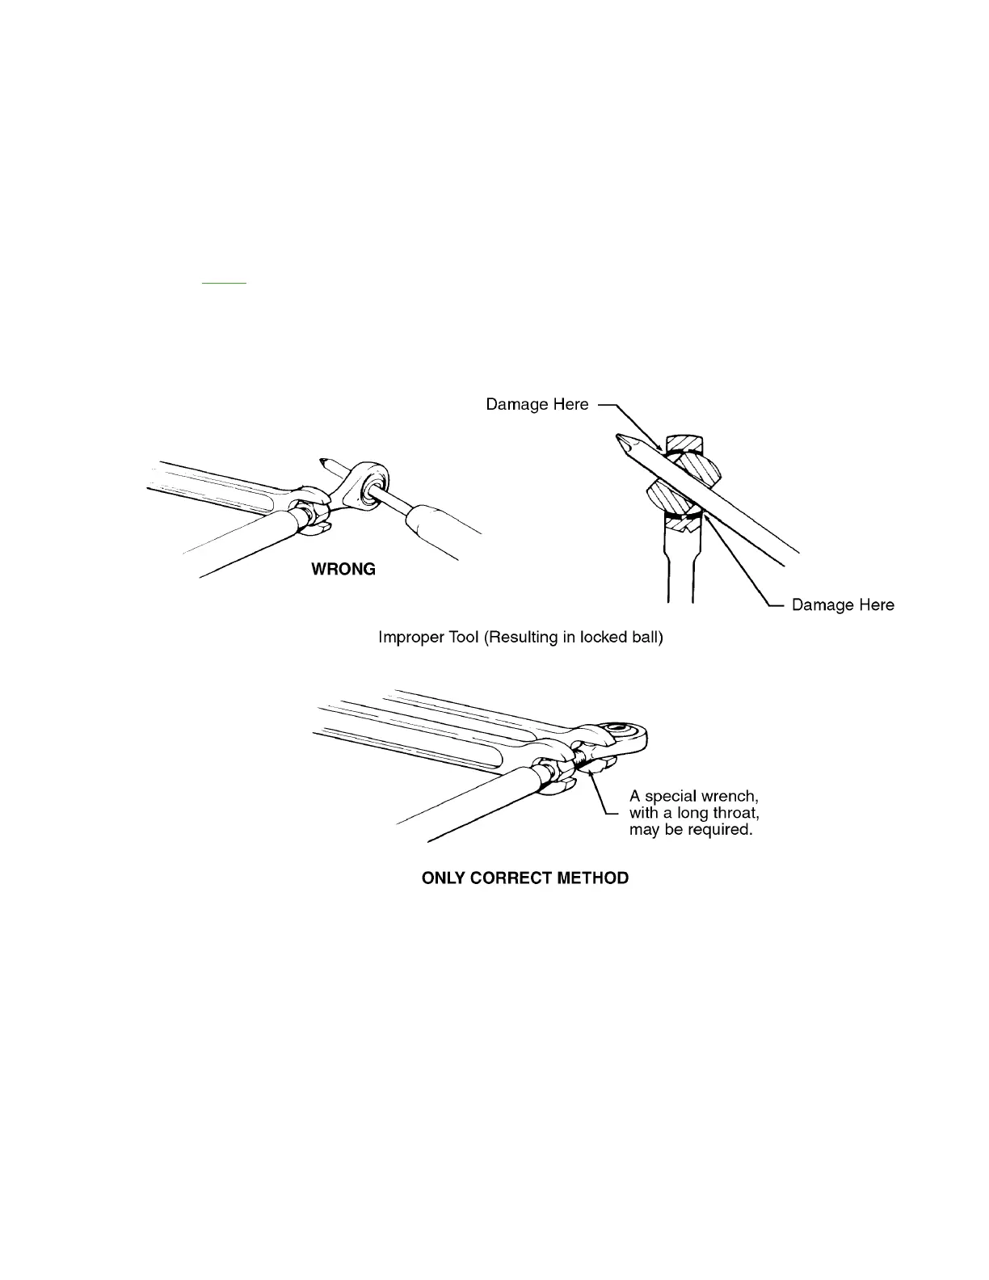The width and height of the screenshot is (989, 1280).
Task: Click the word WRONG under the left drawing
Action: click(343, 570)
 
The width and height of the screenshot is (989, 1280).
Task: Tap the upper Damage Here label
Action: click(537, 404)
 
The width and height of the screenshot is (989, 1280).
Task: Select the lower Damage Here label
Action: click(843, 604)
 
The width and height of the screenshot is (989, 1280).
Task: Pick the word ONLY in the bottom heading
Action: click(443, 878)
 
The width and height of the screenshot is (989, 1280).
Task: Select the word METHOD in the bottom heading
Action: click(594, 878)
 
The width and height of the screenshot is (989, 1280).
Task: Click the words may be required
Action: click(691, 830)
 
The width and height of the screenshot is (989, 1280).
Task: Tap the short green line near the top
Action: click(224, 284)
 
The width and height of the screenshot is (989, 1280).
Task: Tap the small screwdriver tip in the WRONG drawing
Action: click(325, 463)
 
